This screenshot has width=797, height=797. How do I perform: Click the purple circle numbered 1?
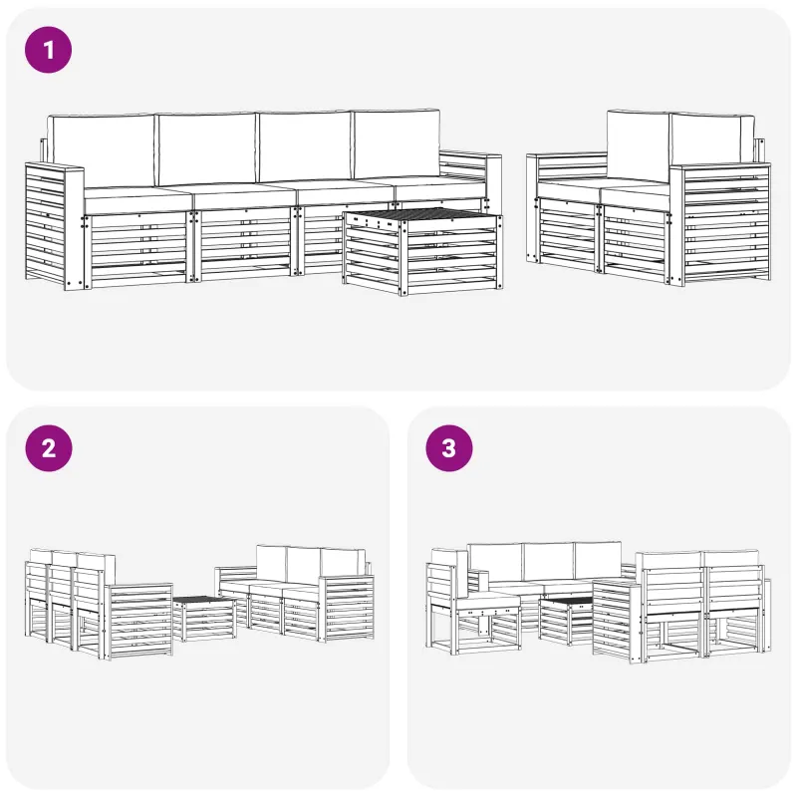click(x=48, y=50)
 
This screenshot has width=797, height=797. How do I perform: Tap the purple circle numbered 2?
click(x=49, y=448)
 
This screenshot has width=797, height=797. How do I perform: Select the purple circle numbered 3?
click(x=449, y=448)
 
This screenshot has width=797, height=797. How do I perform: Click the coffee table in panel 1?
click(x=422, y=252)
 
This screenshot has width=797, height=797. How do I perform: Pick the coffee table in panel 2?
click(x=204, y=618)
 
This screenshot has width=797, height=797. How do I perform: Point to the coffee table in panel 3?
click(x=566, y=621)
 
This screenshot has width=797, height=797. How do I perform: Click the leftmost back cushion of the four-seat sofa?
click(x=102, y=150)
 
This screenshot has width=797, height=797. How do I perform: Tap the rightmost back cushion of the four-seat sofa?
click(x=396, y=143)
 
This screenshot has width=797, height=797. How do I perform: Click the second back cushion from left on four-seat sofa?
click(x=207, y=148)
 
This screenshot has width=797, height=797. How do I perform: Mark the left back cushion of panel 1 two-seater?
click(x=639, y=146)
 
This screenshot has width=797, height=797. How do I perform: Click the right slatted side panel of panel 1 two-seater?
click(x=720, y=223)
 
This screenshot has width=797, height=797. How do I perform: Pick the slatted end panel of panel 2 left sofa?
click(x=139, y=621)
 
